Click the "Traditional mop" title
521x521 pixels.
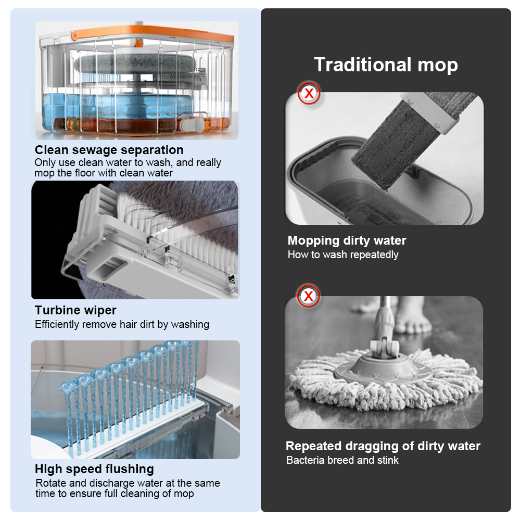point(386,65)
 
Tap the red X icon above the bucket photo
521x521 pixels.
point(309,93)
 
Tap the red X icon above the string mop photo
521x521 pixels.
point(308,296)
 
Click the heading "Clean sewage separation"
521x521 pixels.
point(109,150)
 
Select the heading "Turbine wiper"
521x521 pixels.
point(75,310)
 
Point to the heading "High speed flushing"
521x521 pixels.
point(94,469)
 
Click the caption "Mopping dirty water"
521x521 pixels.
point(347,240)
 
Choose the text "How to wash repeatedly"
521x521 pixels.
point(343,255)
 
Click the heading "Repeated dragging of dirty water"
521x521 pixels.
point(383,446)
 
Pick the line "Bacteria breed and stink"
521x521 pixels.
point(342,460)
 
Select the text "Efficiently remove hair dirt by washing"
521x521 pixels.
point(122,324)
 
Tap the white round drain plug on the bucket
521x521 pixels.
point(192,124)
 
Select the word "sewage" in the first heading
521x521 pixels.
point(95,150)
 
